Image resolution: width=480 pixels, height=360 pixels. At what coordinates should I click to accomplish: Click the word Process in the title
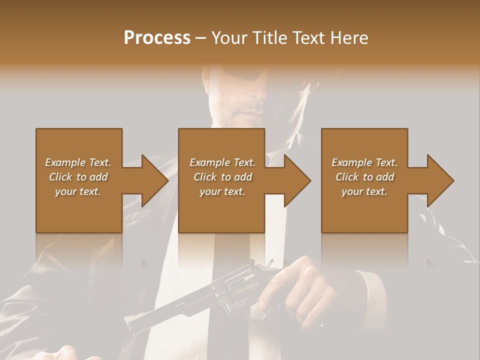tap(157, 38)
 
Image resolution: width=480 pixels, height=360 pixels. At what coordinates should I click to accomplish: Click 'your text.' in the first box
tap(78, 191)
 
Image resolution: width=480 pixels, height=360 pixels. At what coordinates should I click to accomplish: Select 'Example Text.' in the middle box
tap(222, 162)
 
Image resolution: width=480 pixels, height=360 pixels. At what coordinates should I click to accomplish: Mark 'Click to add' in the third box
tap(364, 177)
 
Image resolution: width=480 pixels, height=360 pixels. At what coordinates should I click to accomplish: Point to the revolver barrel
tap(160, 315)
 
